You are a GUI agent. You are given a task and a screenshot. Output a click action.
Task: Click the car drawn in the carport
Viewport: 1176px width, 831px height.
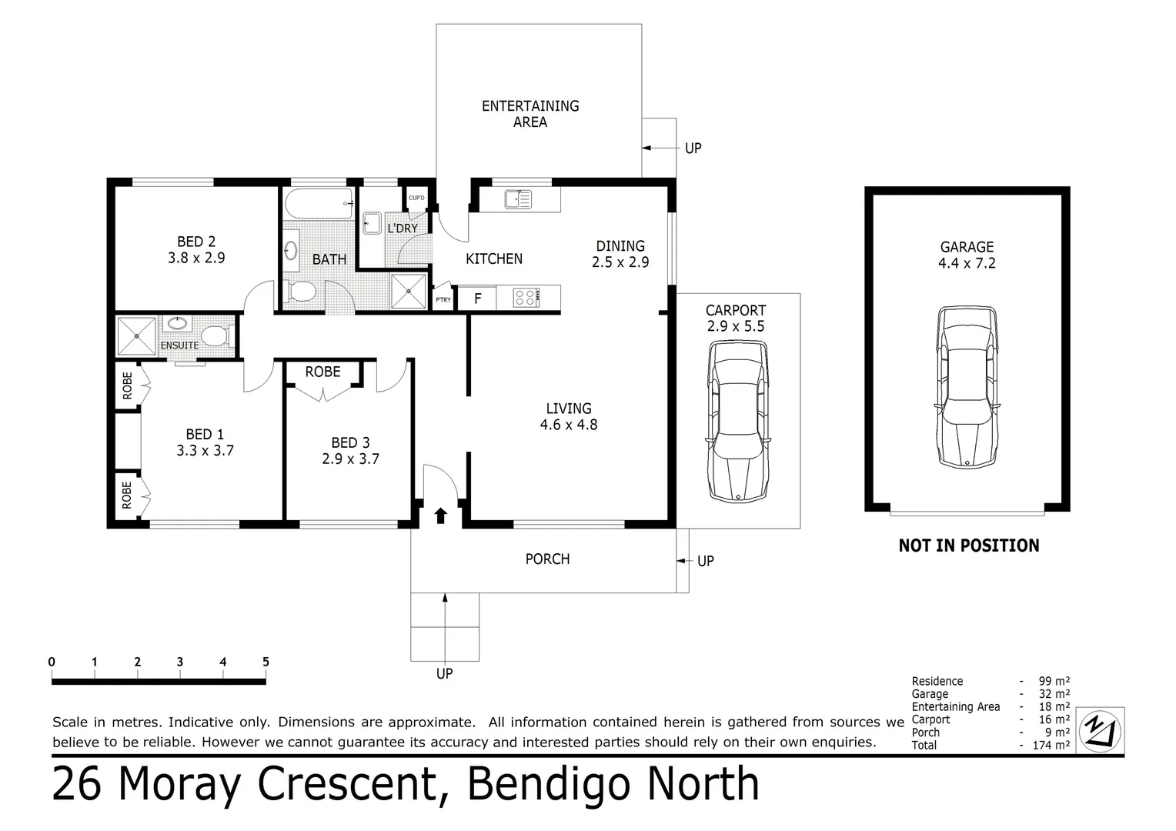(x=738, y=422)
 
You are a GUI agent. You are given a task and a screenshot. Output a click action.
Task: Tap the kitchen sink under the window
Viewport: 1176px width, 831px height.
(x=518, y=199)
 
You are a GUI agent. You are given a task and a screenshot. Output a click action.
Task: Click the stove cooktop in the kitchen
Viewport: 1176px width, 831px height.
(x=526, y=297)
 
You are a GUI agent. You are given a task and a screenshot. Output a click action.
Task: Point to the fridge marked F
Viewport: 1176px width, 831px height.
(x=477, y=299)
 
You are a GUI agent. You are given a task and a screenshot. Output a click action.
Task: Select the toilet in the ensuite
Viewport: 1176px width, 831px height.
(x=215, y=335)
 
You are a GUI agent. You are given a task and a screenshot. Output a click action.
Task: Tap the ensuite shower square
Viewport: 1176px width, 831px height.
(x=136, y=335)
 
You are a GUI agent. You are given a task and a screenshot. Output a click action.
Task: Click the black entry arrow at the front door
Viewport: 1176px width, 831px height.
(x=440, y=516)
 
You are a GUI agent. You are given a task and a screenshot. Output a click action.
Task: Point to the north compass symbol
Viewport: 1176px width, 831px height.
(x=1100, y=729)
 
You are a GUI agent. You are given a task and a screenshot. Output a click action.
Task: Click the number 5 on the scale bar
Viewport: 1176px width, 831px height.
(x=266, y=662)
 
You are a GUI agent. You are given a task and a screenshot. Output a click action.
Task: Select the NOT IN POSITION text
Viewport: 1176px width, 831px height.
(x=968, y=546)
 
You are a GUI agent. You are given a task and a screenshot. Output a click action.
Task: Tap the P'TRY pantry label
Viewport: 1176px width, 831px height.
(x=443, y=300)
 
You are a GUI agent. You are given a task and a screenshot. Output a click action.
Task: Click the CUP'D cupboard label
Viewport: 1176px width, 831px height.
(x=416, y=198)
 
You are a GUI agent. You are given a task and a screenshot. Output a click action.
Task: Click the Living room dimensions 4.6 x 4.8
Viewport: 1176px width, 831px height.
(x=569, y=425)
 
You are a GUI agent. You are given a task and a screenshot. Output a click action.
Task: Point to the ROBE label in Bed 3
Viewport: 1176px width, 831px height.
(x=322, y=372)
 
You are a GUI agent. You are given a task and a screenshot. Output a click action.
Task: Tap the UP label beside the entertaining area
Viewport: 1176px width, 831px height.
(x=693, y=148)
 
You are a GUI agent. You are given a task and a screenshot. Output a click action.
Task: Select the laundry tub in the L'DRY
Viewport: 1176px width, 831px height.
(x=373, y=223)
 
